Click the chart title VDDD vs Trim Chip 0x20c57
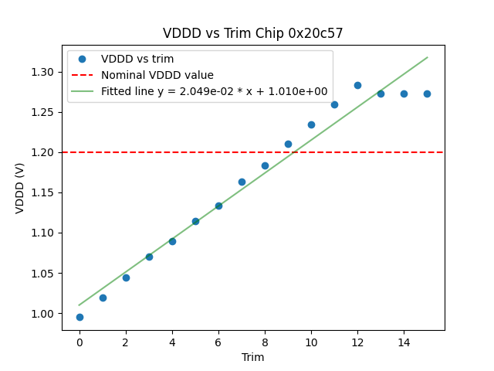[x=252, y=33]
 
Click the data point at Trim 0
[x=80, y=317]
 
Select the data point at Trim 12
[x=357, y=85]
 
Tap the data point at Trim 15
[x=427, y=94]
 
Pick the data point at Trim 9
[x=288, y=144]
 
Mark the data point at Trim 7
[x=242, y=182]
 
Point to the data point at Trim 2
[x=126, y=277]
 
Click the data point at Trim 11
[x=334, y=104]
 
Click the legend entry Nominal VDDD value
[x=157, y=75]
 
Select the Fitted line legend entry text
[x=215, y=91]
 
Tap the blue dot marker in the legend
[x=82, y=59]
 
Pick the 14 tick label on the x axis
[x=404, y=342]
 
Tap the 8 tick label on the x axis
[x=265, y=342]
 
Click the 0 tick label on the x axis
[x=80, y=342]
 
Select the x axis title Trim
[x=252, y=357]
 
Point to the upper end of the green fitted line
[x=427, y=57]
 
